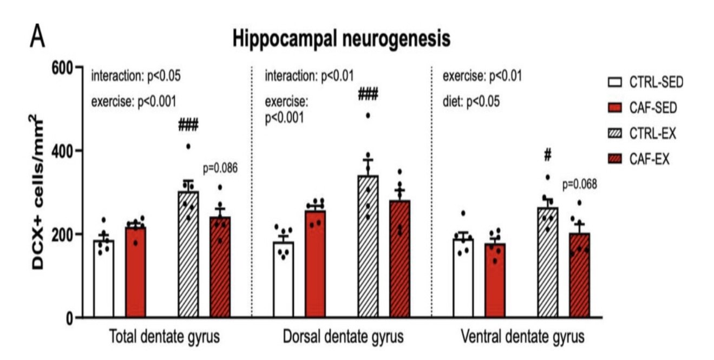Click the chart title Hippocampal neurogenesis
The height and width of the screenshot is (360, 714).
342,39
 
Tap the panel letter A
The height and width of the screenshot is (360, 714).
37,36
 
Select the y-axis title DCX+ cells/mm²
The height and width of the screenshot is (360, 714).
37,192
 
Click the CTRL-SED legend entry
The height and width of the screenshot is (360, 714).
646,82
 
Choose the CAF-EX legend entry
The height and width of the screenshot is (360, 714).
639,159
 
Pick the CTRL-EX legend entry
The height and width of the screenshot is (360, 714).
642,133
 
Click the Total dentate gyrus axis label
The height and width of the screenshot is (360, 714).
165,337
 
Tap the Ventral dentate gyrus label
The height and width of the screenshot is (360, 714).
523,337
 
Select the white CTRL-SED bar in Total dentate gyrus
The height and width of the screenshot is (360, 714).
103,279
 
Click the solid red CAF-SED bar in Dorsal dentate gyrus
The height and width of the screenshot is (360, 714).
315,264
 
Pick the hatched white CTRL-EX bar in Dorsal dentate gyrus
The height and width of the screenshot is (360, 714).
368,246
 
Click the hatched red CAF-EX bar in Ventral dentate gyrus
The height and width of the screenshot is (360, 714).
580,276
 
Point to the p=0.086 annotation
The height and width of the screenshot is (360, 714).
220,168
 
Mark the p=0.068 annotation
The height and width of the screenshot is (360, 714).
580,184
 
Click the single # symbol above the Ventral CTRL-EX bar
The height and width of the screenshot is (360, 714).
548,155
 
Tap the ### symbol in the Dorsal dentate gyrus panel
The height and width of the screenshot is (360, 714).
368,94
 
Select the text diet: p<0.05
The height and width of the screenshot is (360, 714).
471,102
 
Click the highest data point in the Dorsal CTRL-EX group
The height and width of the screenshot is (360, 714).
368,116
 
